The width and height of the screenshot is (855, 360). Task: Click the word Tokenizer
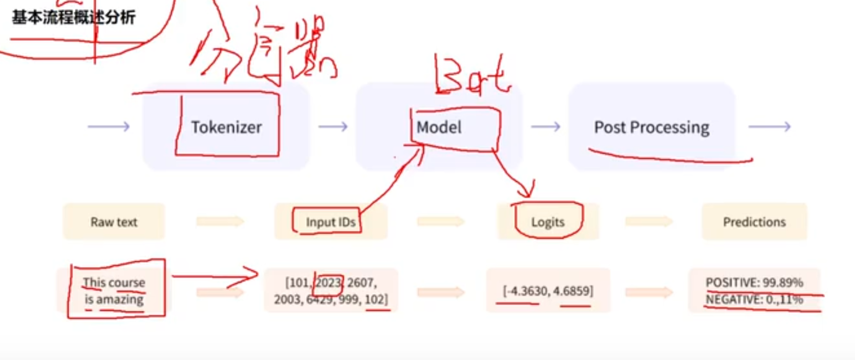pyautogui.click(x=226, y=127)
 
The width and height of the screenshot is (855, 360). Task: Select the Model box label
pyautogui.click(x=439, y=127)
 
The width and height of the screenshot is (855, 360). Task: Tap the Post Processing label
pyautogui.click(x=651, y=127)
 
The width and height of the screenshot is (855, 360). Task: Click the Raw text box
pyautogui.click(x=114, y=222)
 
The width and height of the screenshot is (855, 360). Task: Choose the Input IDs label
pyautogui.click(x=330, y=222)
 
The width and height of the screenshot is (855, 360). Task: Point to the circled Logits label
pyautogui.click(x=548, y=222)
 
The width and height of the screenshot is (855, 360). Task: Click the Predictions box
pyautogui.click(x=754, y=222)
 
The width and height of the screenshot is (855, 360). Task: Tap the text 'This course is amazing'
pyautogui.click(x=114, y=291)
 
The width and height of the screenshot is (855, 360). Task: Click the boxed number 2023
pyautogui.click(x=328, y=282)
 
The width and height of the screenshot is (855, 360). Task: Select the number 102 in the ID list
pyautogui.click(x=376, y=299)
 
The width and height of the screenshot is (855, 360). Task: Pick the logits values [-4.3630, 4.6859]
pyautogui.click(x=548, y=291)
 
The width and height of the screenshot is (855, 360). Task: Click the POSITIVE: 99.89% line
pyautogui.click(x=754, y=282)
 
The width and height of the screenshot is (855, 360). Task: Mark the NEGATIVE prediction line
pyautogui.click(x=754, y=299)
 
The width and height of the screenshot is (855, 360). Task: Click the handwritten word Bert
pyautogui.click(x=471, y=75)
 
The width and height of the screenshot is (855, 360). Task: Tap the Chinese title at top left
pyautogui.click(x=74, y=17)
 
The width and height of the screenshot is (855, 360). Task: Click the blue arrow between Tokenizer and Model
pyautogui.click(x=333, y=127)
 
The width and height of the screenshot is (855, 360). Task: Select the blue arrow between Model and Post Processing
pyautogui.click(x=545, y=127)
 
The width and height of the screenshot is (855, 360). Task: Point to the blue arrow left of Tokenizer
pyautogui.click(x=109, y=127)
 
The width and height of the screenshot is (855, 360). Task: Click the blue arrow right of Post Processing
pyautogui.click(x=769, y=127)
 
